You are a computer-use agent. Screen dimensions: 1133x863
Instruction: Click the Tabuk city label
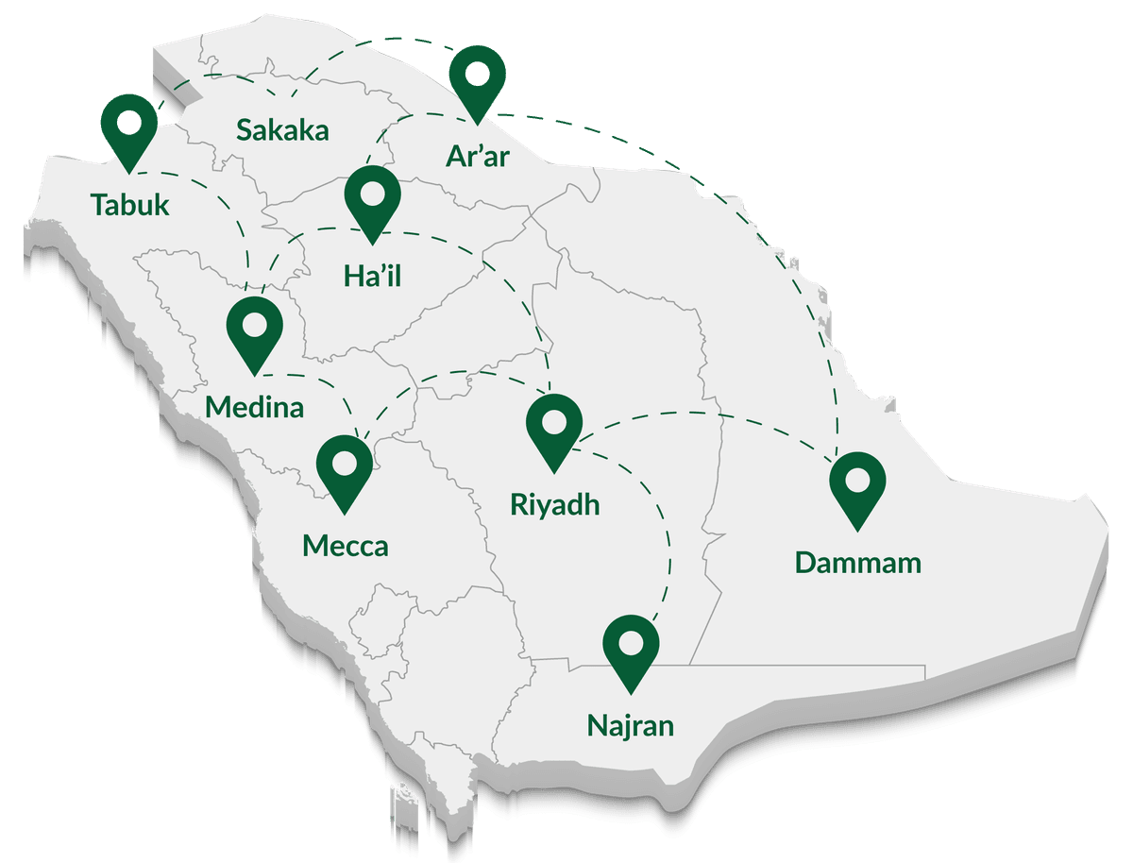pyautogui.click(x=130, y=204)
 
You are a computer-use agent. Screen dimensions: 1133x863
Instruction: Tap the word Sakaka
pyautogui.click(x=282, y=129)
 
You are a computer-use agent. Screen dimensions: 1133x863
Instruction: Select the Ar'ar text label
pyautogui.click(x=477, y=154)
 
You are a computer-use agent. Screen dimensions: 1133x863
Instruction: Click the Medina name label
pyautogui.click(x=255, y=407)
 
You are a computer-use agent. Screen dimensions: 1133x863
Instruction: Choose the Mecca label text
pyautogui.click(x=345, y=545)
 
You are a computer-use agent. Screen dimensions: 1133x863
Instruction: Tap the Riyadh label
pyautogui.click(x=554, y=504)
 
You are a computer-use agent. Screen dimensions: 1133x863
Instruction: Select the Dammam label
pyautogui.click(x=857, y=563)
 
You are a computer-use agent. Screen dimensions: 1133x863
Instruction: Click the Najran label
pyautogui.click(x=631, y=725)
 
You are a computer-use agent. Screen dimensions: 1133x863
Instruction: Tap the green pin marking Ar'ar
pyautogui.click(x=477, y=77)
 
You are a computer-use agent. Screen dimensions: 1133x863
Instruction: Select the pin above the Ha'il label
pyautogui.click(x=372, y=196)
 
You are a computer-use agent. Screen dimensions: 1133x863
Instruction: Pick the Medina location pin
pyautogui.click(x=255, y=327)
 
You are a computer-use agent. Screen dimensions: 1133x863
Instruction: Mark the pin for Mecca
pyautogui.click(x=345, y=464)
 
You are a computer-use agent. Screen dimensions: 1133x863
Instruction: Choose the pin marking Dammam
pyautogui.click(x=857, y=482)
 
